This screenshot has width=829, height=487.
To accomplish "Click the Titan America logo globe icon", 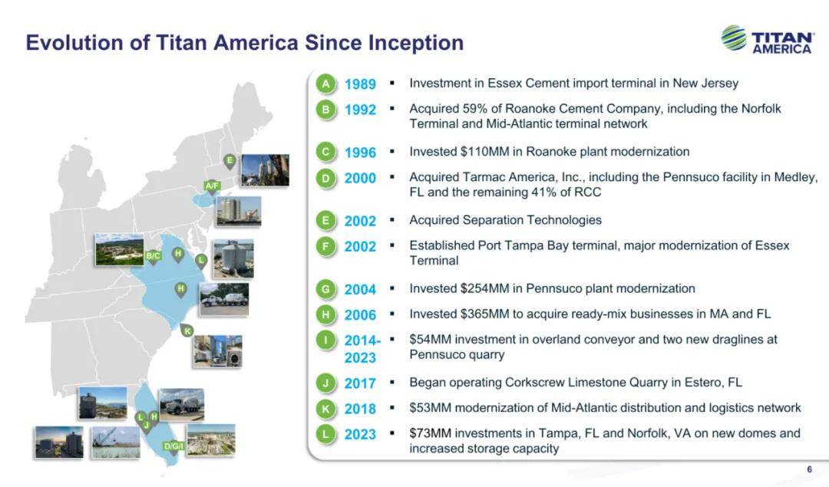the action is click(x=734, y=38).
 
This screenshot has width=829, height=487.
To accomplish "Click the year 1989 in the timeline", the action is click(x=360, y=84).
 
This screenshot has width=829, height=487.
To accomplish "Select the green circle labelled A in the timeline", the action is click(x=325, y=84).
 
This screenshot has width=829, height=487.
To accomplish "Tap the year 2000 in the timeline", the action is click(x=360, y=178).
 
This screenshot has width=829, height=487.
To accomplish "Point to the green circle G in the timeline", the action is click(x=325, y=289).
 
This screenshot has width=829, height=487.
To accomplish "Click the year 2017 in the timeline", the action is click(x=360, y=383).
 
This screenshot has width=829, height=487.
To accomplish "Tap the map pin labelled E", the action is click(x=230, y=161).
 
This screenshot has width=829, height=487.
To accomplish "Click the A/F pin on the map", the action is click(x=212, y=187).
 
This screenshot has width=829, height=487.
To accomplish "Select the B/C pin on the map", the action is click(x=153, y=257).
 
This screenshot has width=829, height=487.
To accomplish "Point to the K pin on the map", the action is click(x=187, y=332).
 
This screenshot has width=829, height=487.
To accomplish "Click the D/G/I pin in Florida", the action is click(x=173, y=447).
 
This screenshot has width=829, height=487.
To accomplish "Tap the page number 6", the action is click(x=810, y=469).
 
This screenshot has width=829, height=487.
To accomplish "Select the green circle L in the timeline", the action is click(x=325, y=433).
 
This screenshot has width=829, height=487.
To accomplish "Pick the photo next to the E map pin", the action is click(x=265, y=170).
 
